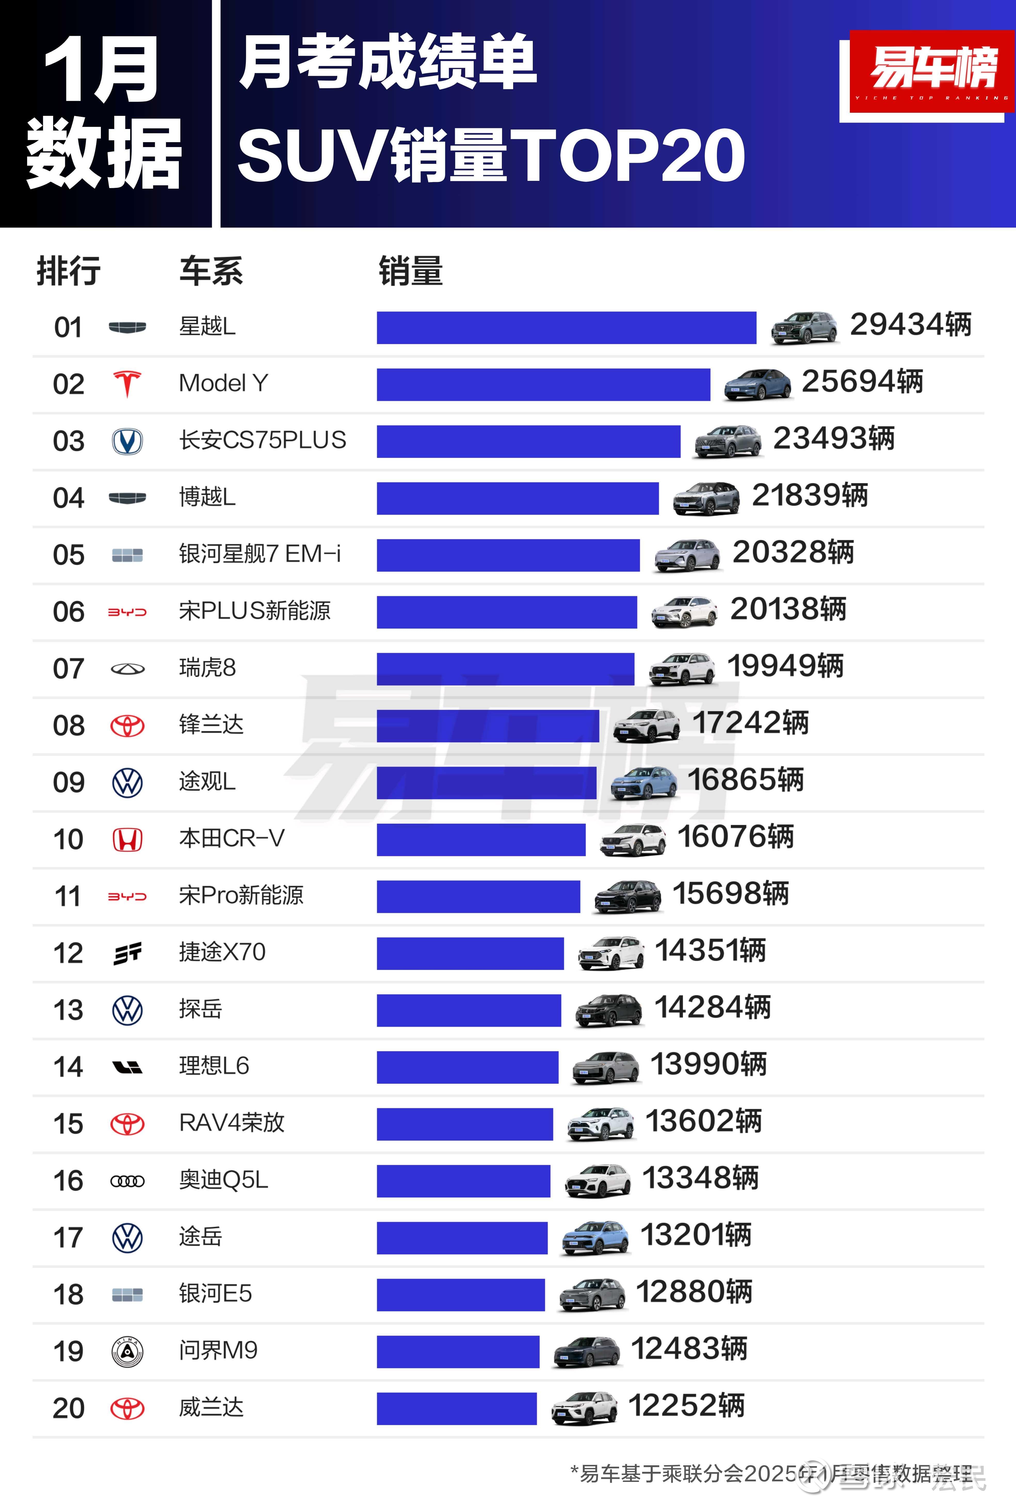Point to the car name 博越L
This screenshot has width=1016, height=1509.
pyautogui.click(x=207, y=497)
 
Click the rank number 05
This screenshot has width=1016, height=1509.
pyautogui.click(x=69, y=555)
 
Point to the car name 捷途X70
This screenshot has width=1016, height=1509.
pyautogui.click(x=222, y=952)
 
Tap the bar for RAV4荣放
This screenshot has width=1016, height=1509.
pyautogui.click(x=465, y=1124)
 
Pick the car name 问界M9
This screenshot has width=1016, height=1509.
pyautogui.click(x=218, y=1350)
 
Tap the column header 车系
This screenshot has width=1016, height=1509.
pyautogui.click(x=211, y=271)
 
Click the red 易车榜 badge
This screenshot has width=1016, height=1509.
pyautogui.click(x=932, y=71)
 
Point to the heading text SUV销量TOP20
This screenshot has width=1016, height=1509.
pyautogui.click(x=491, y=156)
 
